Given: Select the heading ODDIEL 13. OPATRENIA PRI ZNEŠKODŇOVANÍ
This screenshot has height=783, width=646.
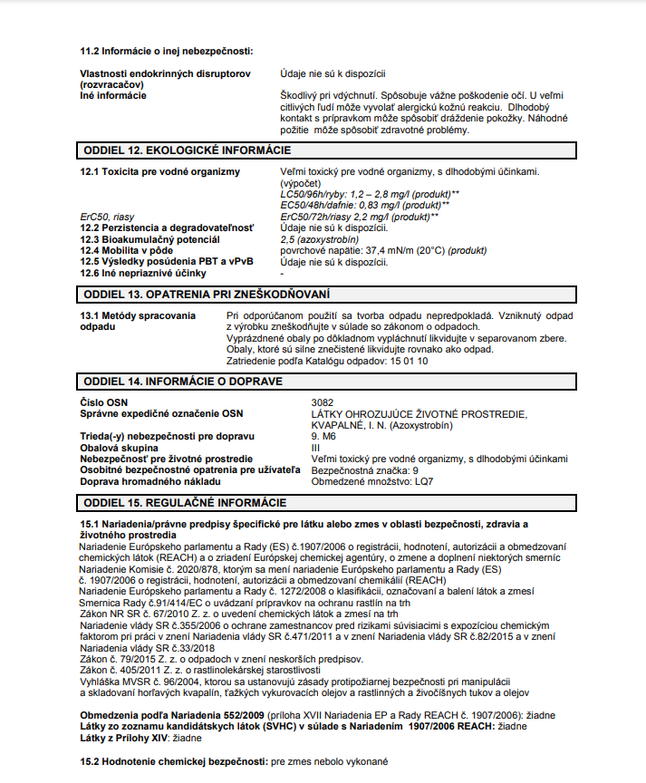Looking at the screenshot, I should [x=207, y=295].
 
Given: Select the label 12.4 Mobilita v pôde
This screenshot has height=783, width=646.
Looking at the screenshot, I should [x=125, y=251].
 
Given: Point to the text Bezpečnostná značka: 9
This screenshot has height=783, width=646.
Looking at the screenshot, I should [x=364, y=470].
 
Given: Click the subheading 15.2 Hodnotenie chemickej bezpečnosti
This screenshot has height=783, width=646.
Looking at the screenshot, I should [x=174, y=763].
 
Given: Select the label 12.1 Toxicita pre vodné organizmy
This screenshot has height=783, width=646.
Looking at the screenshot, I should [x=159, y=171].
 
